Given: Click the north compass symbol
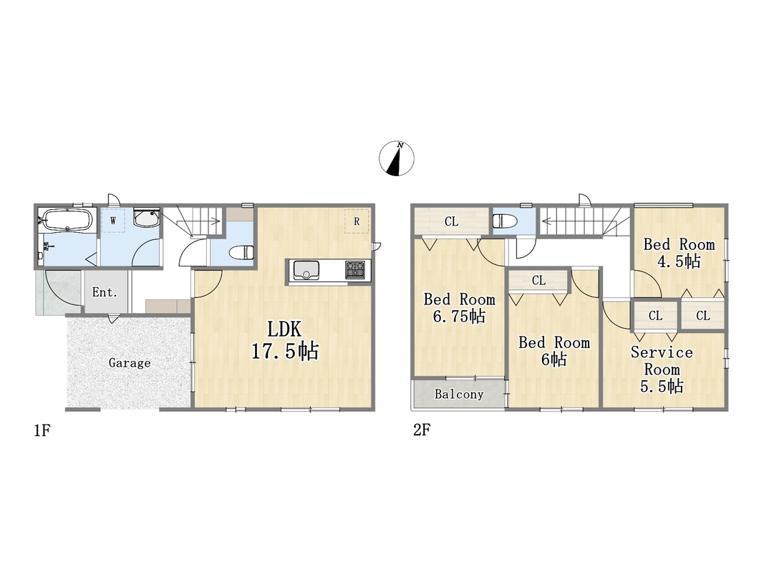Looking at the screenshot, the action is click(397, 158).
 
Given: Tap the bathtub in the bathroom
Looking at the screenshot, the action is click(67, 220).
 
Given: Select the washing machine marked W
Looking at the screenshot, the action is click(113, 221).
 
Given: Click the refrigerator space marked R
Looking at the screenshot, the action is click(357, 221).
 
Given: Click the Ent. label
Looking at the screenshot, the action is click(105, 292).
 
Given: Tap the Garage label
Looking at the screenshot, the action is click(129, 363).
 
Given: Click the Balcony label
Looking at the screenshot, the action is click(459, 394).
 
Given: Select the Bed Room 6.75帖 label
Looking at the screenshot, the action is click(460, 308).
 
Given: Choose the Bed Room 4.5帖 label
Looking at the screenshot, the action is click(680, 253).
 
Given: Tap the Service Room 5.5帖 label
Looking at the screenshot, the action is click(662, 369).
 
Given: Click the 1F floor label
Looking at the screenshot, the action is click(42, 430).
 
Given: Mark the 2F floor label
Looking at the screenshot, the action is click(422, 430).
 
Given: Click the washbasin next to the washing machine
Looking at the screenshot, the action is click(147, 218).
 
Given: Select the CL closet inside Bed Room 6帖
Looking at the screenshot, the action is click(538, 281).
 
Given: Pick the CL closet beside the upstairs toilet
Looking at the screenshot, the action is click(452, 221).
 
